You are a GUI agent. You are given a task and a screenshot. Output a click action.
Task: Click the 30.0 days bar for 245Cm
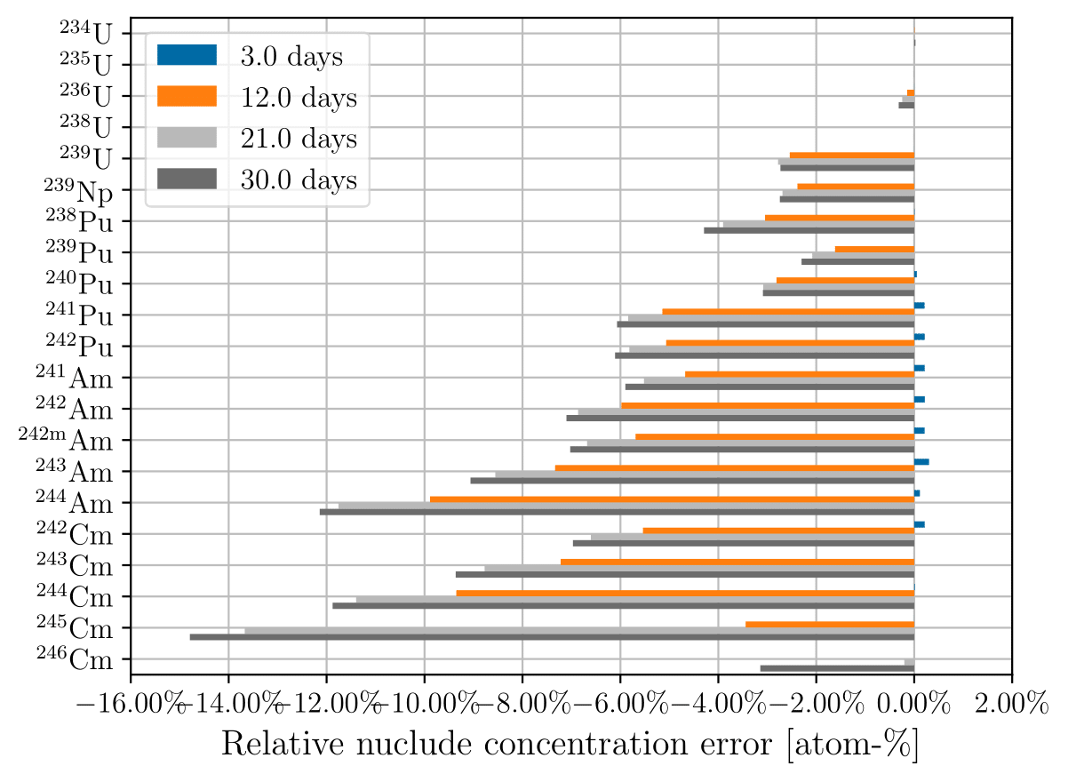point(551,637)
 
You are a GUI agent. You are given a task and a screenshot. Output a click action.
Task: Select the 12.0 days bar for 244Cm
point(684,593)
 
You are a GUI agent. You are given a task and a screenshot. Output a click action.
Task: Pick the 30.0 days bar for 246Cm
point(836,668)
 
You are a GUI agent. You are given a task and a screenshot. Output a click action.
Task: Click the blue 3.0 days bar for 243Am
point(921,462)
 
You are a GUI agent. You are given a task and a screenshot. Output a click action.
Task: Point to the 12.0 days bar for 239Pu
point(874,249)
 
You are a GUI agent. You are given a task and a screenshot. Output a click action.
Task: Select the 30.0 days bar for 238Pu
point(809,230)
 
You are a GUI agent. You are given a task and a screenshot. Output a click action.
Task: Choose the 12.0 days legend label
point(298,98)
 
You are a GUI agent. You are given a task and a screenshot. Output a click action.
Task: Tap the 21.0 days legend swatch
point(186,139)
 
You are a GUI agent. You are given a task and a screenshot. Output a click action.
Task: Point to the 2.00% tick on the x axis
point(1011,706)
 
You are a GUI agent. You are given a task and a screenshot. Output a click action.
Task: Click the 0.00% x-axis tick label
point(913,706)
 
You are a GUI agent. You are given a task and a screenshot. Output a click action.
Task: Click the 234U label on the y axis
point(86,34)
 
